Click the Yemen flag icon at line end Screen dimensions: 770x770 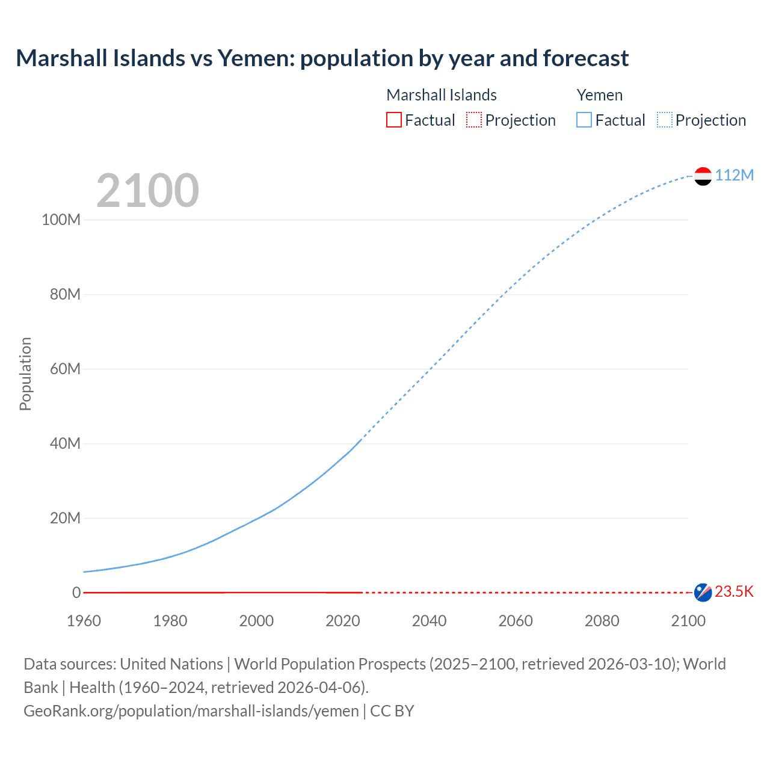point(703,176)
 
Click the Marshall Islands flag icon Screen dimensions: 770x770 point(703,593)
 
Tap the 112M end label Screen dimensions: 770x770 point(734,175)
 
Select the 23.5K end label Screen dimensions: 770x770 point(734,591)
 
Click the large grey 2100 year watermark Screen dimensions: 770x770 point(147,191)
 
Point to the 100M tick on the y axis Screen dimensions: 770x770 point(61,220)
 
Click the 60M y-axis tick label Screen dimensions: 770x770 point(65,369)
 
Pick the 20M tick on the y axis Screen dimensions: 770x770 point(65,518)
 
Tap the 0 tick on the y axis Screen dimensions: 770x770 point(76,593)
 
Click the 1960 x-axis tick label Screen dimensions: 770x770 point(84,621)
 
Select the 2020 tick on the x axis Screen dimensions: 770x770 point(343,621)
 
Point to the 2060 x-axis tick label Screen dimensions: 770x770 point(516,621)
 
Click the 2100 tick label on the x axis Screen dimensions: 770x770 point(688,621)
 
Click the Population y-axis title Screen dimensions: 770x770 point(25,374)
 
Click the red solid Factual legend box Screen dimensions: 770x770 point(394,120)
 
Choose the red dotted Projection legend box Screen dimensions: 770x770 point(474,120)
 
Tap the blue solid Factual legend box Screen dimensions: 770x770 point(584,120)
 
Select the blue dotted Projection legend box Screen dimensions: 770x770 point(665,120)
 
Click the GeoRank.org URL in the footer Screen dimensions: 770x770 point(191,711)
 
